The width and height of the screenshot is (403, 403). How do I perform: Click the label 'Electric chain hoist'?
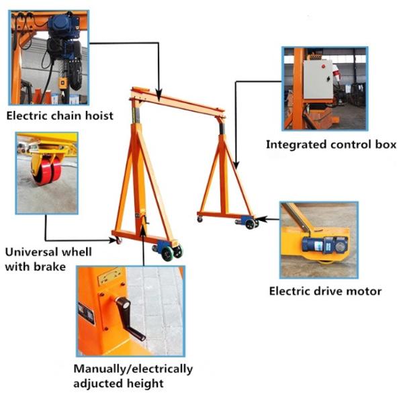59,116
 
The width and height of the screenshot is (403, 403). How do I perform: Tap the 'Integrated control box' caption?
330,144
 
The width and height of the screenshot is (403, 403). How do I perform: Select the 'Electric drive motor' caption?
325,291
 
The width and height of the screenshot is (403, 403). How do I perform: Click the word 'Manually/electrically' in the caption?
133,369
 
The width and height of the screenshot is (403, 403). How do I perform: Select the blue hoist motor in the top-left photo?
64,30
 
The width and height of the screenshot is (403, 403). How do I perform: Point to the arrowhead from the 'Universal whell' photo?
115,240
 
